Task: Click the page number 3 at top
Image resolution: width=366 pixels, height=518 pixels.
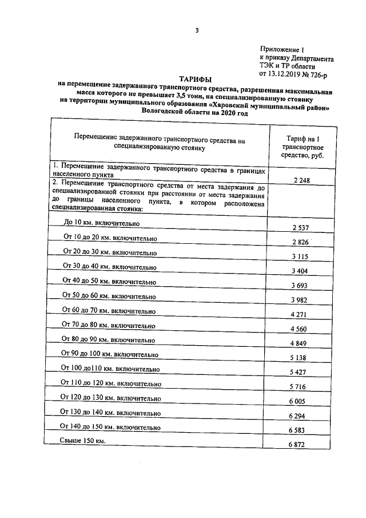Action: (x=196, y=31)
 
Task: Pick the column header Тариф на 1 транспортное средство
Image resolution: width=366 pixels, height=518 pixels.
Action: (x=303, y=146)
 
